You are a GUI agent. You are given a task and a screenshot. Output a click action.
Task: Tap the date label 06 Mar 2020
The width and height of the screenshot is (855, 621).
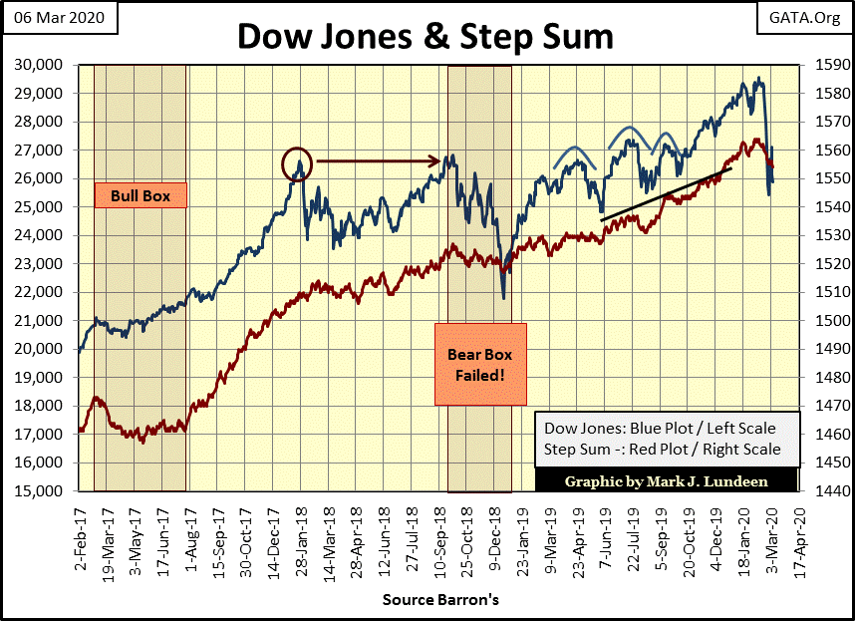(x=55, y=18)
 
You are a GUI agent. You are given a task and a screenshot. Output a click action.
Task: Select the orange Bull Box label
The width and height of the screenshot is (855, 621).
(x=141, y=196)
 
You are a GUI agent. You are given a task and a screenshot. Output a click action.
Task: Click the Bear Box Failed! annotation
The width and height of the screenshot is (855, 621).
(x=480, y=364)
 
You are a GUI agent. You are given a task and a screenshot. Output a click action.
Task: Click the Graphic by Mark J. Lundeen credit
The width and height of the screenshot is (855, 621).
(x=666, y=481)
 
